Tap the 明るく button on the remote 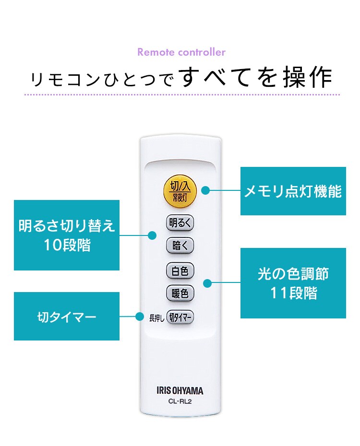pyautogui.click(x=180, y=223)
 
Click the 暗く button pyautogui.click(x=180, y=246)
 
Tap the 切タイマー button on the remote pyautogui.click(x=180, y=317)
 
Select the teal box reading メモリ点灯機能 pyautogui.click(x=293, y=191)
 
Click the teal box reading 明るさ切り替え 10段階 pyautogui.click(x=67, y=235)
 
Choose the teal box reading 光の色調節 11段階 pyautogui.click(x=293, y=283)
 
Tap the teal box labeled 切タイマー pyautogui.click(x=67, y=317)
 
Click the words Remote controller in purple pyautogui.click(x=181, y=52)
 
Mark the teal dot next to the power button pyautogui.click(x=205, y=190)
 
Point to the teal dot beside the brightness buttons pyautogui.click(x=153, y=235)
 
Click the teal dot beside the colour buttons pyautogui.click(x=207, y=283)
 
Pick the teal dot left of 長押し pyautogui.click(x=140, y=317)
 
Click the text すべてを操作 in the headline pyautogui.click(x=257, y=77)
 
